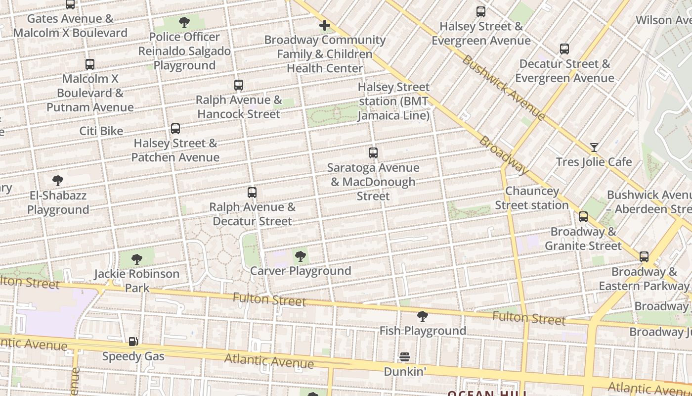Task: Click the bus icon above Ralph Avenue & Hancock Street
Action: (x=239, y=85)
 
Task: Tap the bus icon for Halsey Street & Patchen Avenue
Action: (x=175, y=129)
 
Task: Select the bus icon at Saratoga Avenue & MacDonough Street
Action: (x=373, y=153)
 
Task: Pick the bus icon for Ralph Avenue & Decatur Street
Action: (x=252, y=193)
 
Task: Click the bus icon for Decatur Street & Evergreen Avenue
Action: (x=564, y=49)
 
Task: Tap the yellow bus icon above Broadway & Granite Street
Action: (x=583, y=217)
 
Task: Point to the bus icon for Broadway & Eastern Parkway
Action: (x=644, y=257)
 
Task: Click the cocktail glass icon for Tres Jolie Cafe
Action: (x=594, y=148)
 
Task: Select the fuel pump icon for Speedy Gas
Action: (x=133, y=342)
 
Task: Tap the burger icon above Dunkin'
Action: (x=404, y=357)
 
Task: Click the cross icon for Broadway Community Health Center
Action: (x=324, y=25)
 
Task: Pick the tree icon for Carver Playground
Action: (x=300, y=256)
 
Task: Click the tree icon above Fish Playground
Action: (x=422, y=316)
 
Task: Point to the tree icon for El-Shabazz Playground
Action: (x=58, y=181)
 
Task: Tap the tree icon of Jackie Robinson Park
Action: (x=137, y=259)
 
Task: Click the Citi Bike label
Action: (x=101, y=131)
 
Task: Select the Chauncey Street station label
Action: (x=532, y=198)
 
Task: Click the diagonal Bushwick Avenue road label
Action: (x=503, y=88)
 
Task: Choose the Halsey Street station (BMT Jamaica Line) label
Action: (x=393, y=101)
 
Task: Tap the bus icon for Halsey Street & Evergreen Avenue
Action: (x=480, y=12)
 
